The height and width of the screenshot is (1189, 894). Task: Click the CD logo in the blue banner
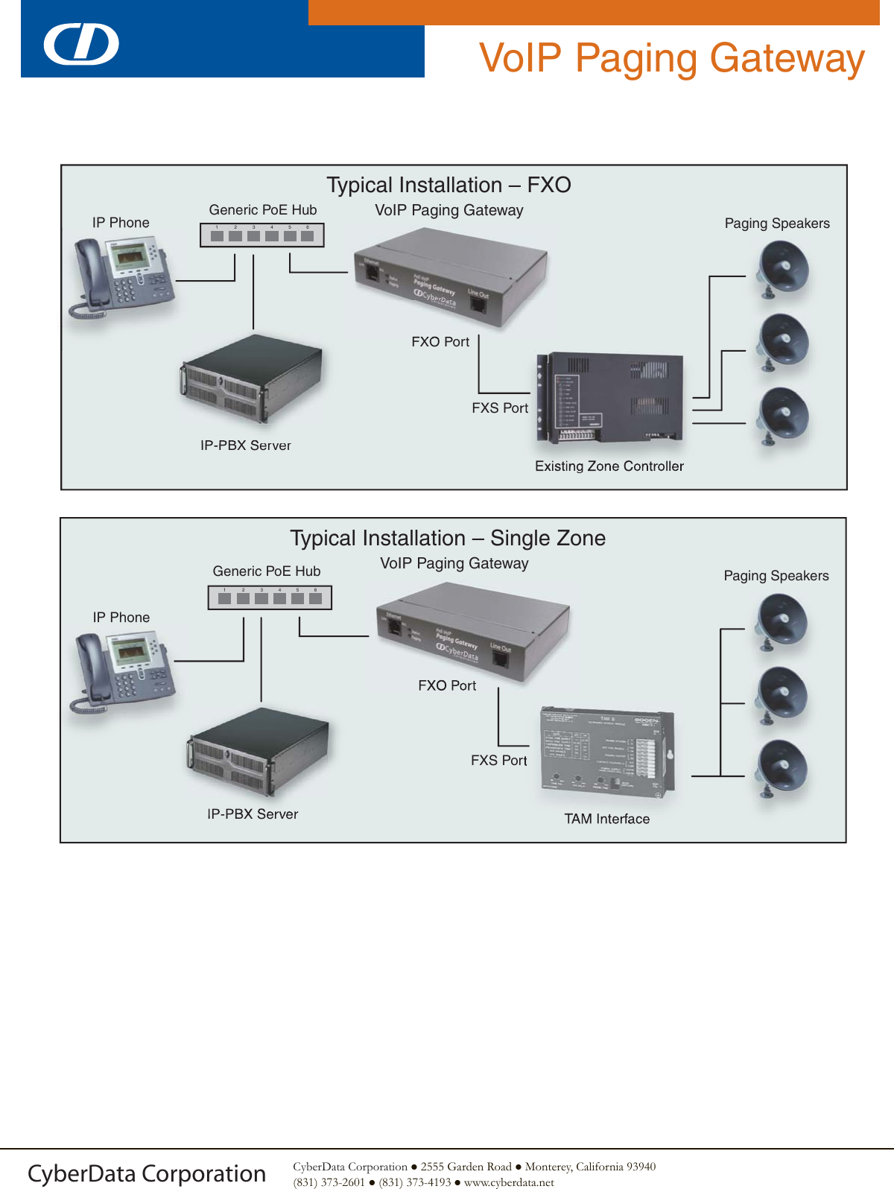(81, 45)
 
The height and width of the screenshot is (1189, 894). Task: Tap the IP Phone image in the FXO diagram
(121, 276)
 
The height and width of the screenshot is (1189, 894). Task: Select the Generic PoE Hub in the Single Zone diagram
(270, 597)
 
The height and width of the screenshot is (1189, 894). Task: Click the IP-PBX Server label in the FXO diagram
(245, 446)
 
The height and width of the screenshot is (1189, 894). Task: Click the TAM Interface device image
(607, 751)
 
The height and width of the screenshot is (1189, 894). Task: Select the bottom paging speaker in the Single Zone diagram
(782, 767)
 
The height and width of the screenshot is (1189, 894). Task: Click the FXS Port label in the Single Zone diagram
(498, 761)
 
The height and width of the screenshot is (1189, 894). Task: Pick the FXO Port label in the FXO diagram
(440, 342)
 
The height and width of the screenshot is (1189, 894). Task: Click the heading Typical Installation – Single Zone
(448, 538)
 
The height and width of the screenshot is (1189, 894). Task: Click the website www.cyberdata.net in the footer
(509, 1182)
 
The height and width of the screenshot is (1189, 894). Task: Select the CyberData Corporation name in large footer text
(147, 1173)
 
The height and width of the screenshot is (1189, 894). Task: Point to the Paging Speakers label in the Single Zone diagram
(776, 576)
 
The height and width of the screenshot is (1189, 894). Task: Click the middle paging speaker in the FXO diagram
(782, 342)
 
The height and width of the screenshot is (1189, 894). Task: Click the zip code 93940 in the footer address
(641, 1167)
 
